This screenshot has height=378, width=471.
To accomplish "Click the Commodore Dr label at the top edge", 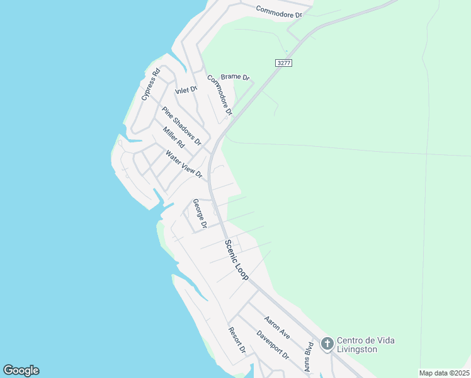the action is [x=284, y=11].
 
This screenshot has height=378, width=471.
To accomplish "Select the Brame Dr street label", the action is [x=235, y=77].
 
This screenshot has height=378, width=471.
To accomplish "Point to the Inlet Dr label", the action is [x=186, y=90].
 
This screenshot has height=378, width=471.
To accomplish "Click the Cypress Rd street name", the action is [x=151, y=84].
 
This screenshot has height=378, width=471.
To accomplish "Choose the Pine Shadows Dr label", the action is [x=181, y=125].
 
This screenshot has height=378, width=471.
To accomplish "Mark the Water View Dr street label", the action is [x=184, y=163].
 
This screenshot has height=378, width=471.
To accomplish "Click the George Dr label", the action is [x=200, y=214].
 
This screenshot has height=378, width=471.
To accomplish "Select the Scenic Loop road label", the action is [x=237, y=260].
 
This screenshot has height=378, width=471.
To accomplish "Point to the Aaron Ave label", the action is [x=277, y=328].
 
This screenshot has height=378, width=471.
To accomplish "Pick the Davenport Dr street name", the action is [x=272, y=345].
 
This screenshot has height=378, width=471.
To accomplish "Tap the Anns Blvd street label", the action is [x=309, y=357].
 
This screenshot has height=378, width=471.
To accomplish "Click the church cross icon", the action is [x=327, y=344].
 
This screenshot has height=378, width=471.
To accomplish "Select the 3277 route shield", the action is [x=283, y=63].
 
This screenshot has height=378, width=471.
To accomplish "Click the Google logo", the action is [x=21, y=370].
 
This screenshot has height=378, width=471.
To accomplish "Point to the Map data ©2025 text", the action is [x=444, y=373].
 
